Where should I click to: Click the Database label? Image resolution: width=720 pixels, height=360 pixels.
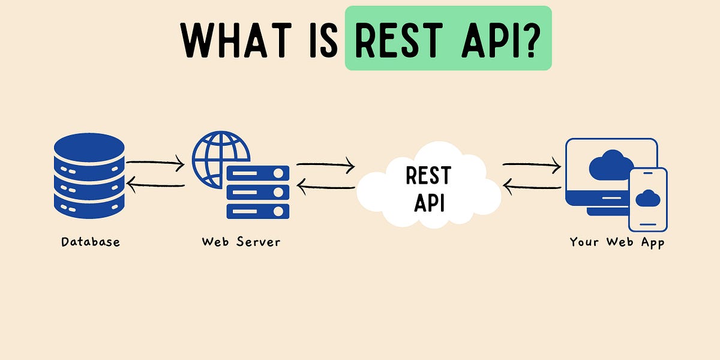click(x=91, y=242)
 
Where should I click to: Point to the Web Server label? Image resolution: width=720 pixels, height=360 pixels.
click(x=241, y=242)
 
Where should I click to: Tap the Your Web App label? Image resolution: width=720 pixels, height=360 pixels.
click(x=617, y=242)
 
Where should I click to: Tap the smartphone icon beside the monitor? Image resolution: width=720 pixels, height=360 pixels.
click(x=648, y=199)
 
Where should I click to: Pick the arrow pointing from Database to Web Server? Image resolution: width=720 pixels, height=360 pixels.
click(x=155, y=161)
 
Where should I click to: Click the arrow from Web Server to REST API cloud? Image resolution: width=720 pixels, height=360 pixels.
click(x=325, y=163)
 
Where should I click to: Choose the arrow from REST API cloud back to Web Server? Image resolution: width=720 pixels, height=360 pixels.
click(x=325, y=187)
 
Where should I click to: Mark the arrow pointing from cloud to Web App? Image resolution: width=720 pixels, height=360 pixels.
click(x=532, y=163)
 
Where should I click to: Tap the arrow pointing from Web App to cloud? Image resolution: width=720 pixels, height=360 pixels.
click(x=532, y=187)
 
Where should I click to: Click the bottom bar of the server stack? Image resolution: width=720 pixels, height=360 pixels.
click(x=258, y=211)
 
